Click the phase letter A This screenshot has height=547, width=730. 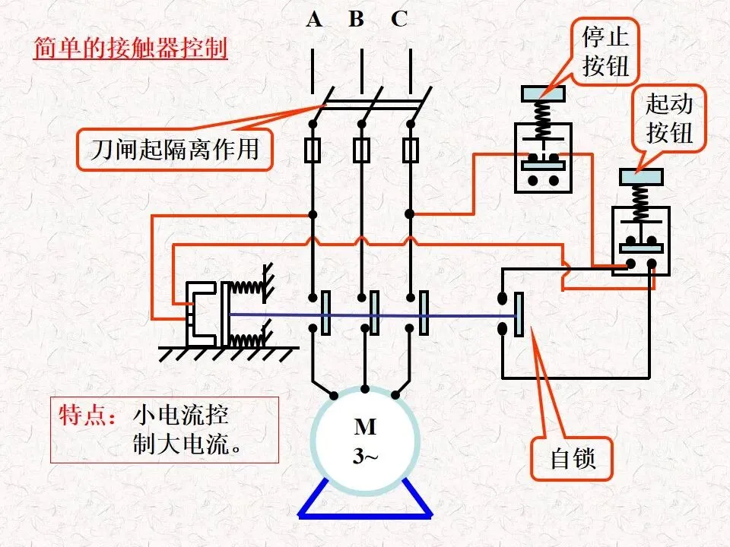tap(314, 20)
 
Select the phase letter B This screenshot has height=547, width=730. tap(356, 20)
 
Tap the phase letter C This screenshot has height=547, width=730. tap(399, 20)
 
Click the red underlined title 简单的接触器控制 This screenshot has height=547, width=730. tap(130, 48)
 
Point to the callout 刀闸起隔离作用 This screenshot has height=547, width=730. tap(174, 150)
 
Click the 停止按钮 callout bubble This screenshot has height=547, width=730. tap(605, 51)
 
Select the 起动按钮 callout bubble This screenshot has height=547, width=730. tap(669, 119)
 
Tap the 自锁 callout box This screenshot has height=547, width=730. tap(573, 459)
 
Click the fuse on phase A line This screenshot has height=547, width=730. tap(313, 150)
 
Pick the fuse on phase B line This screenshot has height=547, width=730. tap(361, 150)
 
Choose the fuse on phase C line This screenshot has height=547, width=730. tap(410, 150)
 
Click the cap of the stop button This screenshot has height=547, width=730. tap(543, 93)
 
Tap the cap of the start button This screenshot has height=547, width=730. tap(641, 177)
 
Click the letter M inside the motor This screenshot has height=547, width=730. tap(365, 426)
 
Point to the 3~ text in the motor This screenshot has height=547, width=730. tap(365, 456)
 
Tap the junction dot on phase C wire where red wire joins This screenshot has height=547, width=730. tap(410, 214)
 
